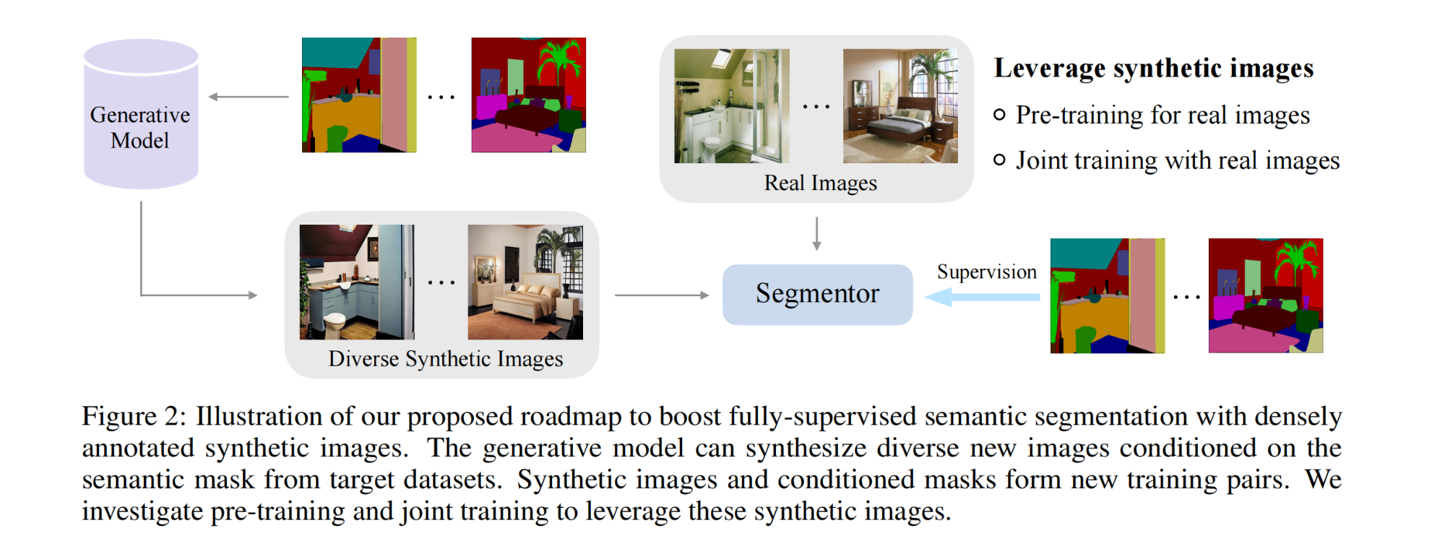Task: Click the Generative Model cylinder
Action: [141, 116]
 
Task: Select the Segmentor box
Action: [817, 294]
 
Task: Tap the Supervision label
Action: [986, 272]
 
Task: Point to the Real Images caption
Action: [820, 183]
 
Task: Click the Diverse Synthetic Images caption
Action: [445, 358]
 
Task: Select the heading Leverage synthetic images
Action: [1153, 68]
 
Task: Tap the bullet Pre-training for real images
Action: [1162, 115]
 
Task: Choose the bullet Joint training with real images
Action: [1177, 160]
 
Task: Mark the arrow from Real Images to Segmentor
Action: [816, 233]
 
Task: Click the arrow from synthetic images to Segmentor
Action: [661, 295]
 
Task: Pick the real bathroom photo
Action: [731, 106]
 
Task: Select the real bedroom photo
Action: [900, 106]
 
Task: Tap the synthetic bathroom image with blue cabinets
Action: [357, 282]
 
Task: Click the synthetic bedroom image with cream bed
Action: [525, 282]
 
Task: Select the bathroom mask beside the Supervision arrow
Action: [1107, 296]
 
